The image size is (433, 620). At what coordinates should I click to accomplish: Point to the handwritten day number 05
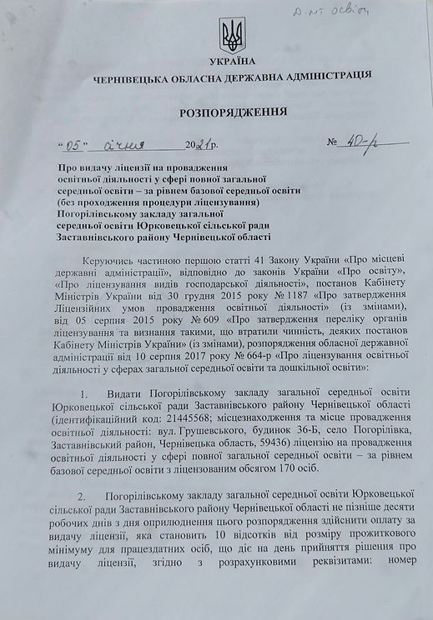point(78,142)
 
